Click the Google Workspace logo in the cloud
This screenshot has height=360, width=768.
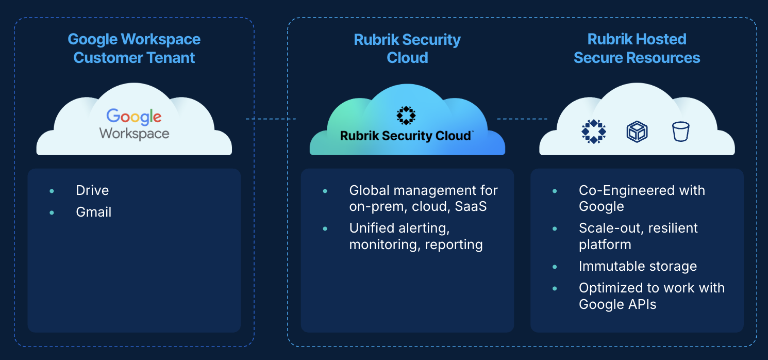point(134,124)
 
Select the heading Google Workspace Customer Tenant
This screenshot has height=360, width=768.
point(134,48)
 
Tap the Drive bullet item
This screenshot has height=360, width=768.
point(92,190)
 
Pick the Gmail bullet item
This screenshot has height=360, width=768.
point(93,212)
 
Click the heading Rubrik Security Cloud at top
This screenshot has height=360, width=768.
point(407,48)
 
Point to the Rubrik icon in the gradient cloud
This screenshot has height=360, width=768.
point(406,116)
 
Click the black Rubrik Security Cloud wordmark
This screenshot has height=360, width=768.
point(406,136)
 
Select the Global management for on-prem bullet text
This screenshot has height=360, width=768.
point(423,198)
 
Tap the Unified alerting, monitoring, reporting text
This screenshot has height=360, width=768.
point(416,236)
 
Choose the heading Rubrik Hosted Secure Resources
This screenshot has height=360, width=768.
point(637,48)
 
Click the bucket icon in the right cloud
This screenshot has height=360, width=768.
point(680,132)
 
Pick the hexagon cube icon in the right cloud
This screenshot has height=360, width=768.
point(637,132)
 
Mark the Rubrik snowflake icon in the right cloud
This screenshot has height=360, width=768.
point(594,132)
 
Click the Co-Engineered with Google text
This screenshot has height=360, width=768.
point(642,198)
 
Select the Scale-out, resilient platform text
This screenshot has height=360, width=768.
point(638,236)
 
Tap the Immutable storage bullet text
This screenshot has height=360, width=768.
point(638,266)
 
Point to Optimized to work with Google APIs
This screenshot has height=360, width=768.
point(652,296)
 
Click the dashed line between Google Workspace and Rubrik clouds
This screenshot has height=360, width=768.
point(271,119)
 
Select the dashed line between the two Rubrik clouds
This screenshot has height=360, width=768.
point(522,119)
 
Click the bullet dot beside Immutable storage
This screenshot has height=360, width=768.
point(555,267)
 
